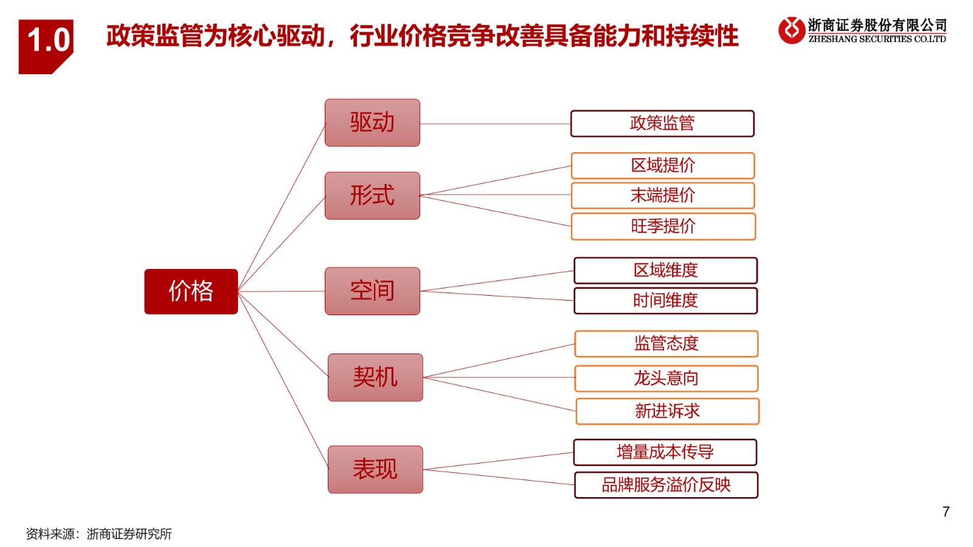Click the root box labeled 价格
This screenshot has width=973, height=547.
point(191,291)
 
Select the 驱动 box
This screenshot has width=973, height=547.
point(372,122)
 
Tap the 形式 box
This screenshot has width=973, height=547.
point(372,195)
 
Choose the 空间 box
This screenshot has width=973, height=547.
point(372,291)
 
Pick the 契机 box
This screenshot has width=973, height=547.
point(375,377)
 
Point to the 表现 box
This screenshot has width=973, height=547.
point(375,469)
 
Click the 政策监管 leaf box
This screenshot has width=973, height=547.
point(662,124)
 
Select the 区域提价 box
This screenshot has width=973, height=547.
point(663,165)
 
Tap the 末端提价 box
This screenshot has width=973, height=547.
point(663,195)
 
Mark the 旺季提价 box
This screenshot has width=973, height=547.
point(663,226)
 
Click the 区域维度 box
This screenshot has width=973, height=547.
point(665,270)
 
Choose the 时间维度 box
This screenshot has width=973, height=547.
point(665,301)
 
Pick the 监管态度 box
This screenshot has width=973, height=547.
point(667,344)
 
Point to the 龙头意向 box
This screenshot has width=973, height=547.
point(667,378)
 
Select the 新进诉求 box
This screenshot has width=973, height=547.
point(668,411)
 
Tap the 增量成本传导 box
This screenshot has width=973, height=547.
point(665,452)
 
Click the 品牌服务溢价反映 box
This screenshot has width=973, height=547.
point(666,485)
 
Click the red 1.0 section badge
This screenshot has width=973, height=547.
point(46,46)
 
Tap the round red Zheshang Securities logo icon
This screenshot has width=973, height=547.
point(791,30)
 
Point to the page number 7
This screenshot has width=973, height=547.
point(946,512)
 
